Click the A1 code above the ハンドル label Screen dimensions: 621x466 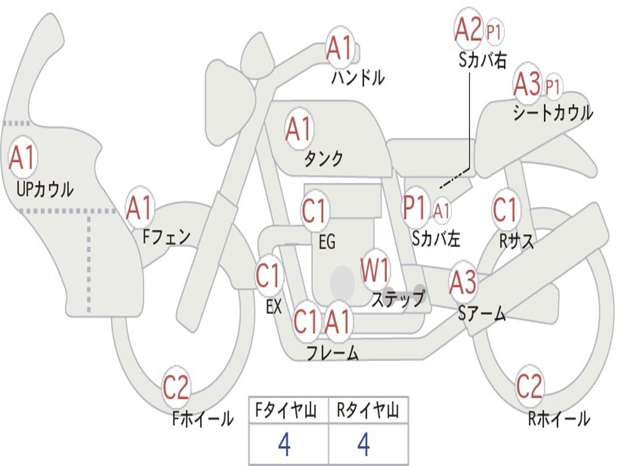pos(340,47)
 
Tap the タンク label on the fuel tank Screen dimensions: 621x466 pos(323,159)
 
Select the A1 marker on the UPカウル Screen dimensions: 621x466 pos(22,158)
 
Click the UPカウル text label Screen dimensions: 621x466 pos(45,189)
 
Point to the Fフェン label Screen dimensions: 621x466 pos(166,237)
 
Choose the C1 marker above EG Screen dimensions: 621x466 pos(315,211)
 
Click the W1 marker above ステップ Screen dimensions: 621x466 pos(375,269)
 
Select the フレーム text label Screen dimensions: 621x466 pos(333,353)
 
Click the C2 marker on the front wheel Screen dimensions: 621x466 pos(176,387)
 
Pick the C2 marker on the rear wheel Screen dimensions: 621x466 pos(529,385)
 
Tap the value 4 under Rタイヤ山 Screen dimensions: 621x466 pos(364,444)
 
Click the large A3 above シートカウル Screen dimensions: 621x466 pos(527,84)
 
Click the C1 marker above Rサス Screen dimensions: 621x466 pos(505,209)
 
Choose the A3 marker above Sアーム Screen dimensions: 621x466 pos(463,282)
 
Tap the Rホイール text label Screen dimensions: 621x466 pos(559,419)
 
